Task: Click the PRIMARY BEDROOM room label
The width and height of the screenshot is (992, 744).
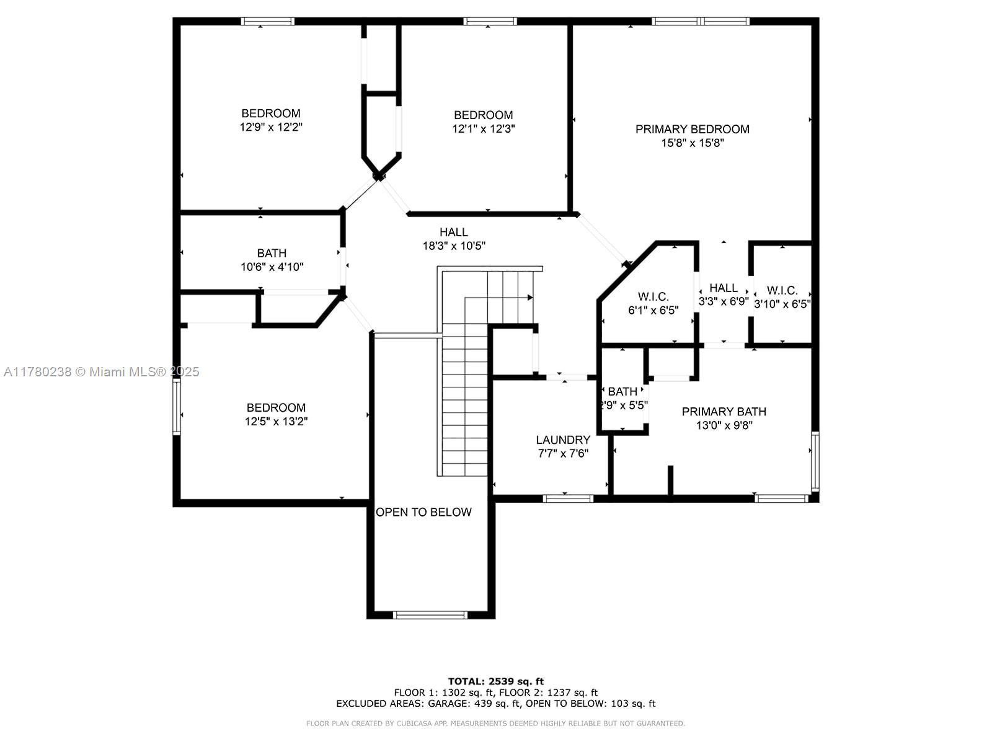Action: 692,129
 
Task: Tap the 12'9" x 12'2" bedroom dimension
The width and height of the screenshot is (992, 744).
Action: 271,127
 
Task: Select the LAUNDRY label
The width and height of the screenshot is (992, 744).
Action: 563,440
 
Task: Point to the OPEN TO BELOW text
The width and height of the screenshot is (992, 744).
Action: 423,512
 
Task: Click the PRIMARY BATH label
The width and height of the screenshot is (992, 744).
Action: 724,412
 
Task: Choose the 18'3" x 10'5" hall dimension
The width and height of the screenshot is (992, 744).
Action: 454,246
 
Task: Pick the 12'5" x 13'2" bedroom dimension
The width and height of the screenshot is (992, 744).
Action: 276,422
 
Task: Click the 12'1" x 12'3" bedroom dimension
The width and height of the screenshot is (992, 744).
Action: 483,129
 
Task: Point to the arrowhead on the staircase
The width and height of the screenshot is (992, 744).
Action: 530,297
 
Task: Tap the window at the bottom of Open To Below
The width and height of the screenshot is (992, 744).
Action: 430,615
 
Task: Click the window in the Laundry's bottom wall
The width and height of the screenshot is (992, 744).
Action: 568,498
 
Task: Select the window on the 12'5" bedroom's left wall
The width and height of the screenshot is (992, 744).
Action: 177,407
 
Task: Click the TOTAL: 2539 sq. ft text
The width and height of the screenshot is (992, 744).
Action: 496,681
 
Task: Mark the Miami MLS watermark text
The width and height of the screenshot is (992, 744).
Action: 101,372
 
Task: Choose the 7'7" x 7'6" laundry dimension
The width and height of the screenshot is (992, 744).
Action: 563,453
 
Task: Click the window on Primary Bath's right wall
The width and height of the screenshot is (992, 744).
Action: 815,461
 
